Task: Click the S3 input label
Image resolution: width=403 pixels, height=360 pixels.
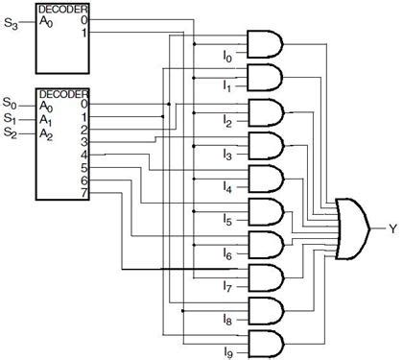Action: click(11, 24)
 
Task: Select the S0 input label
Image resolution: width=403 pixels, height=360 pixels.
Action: click(10, 104)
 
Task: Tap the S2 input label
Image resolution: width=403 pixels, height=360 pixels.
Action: click(10, 132)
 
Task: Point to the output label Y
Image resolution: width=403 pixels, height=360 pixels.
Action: click(392, 228)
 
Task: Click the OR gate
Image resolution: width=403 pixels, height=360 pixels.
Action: click(353, 228)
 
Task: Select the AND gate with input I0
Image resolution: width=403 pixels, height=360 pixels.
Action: click(265, 44)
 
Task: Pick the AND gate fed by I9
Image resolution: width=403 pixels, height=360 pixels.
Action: click(266, 344)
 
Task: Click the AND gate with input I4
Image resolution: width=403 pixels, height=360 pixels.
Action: click(266, 179)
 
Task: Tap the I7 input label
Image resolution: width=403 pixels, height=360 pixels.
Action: click(227, 286)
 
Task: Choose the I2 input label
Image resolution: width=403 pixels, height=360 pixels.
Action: click(227, 121)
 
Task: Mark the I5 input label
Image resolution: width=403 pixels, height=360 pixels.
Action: click(227, 220)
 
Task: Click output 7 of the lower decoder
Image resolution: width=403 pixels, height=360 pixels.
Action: click(84, 193)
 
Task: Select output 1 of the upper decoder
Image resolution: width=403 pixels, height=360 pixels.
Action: click(84, 33)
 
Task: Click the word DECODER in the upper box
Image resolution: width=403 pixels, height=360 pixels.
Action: click(63, 9)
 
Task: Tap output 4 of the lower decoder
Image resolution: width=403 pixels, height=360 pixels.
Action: click(84, 155)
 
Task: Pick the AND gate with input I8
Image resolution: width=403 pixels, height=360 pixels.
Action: click(266, 311)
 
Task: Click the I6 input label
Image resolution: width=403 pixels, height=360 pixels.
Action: click(227, 253)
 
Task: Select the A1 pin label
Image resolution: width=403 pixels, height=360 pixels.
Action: click(46, 120)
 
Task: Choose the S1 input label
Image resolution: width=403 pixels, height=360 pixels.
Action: click(10, 118)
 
